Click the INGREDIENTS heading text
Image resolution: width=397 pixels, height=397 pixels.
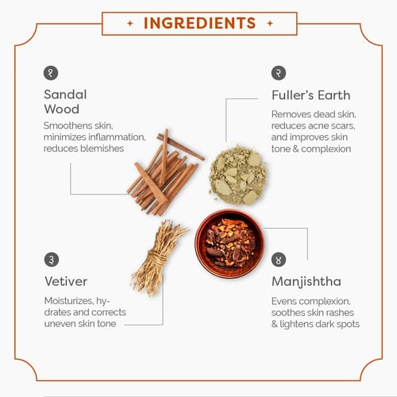click(199, 23)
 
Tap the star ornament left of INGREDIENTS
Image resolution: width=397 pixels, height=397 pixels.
click(130, 24)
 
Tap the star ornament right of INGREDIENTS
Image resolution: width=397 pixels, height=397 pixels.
click(270, 24)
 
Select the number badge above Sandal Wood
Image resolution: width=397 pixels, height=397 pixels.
click(51, 73)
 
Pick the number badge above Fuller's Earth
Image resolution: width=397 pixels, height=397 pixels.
click(279, 73)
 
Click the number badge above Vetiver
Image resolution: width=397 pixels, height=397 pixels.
click(52, 260)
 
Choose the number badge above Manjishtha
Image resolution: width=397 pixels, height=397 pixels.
click(279, 260)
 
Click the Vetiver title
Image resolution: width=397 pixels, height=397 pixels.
click(66, 281)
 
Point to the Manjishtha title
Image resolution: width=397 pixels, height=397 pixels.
click(306, 282)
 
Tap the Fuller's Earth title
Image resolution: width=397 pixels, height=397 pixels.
click(311, 95)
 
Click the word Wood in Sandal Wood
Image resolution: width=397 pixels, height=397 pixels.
click(62, 109)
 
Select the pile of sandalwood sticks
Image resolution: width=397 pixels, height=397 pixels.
click(165, 172)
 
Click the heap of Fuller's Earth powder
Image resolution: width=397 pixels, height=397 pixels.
click(237, 175)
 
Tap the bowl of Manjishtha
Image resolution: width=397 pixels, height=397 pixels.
click(229, 244)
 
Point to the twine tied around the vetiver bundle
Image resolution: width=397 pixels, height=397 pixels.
click(156, 259)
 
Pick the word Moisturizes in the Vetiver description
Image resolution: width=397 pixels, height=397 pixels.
click(68, 301)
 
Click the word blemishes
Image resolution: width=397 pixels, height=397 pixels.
click(102, 148)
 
